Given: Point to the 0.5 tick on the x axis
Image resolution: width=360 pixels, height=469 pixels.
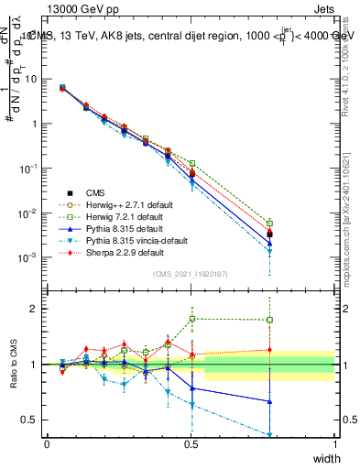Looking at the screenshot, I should pyautogui.click(x=191, y=444).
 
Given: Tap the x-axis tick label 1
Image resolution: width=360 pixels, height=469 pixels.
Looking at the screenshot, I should pyautogui.click(x=335, y=444).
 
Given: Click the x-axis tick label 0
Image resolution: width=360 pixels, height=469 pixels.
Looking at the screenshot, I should pyautogui.click(x=47, y=444).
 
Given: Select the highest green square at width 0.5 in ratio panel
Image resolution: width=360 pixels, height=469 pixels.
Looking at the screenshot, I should pyautogui.click(x=192, y=319).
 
